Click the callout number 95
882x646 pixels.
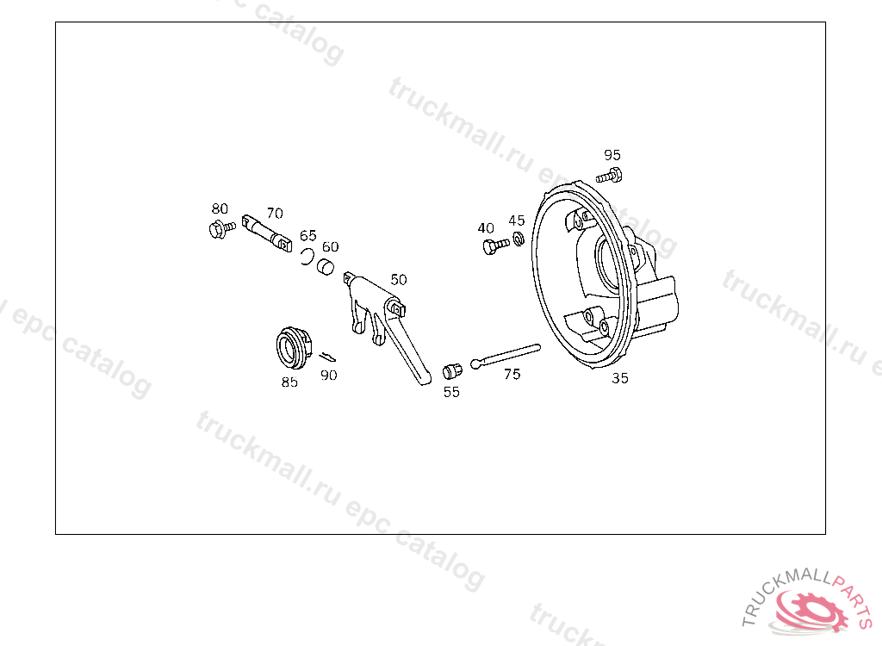[x=612, y=155]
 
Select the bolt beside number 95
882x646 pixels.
[x=609, y=176]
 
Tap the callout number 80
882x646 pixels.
[x=220, y=208]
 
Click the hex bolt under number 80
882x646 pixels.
[x=221, y=229]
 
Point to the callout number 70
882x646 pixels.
[x=275, y=214]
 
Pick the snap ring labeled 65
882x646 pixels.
[x=307, y=257]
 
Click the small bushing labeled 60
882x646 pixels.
[x=325, y=266]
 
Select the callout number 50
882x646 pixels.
[x=398, y=280]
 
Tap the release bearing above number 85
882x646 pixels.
[x=293, y=348]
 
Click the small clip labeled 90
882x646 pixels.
[x=327, y=357]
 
